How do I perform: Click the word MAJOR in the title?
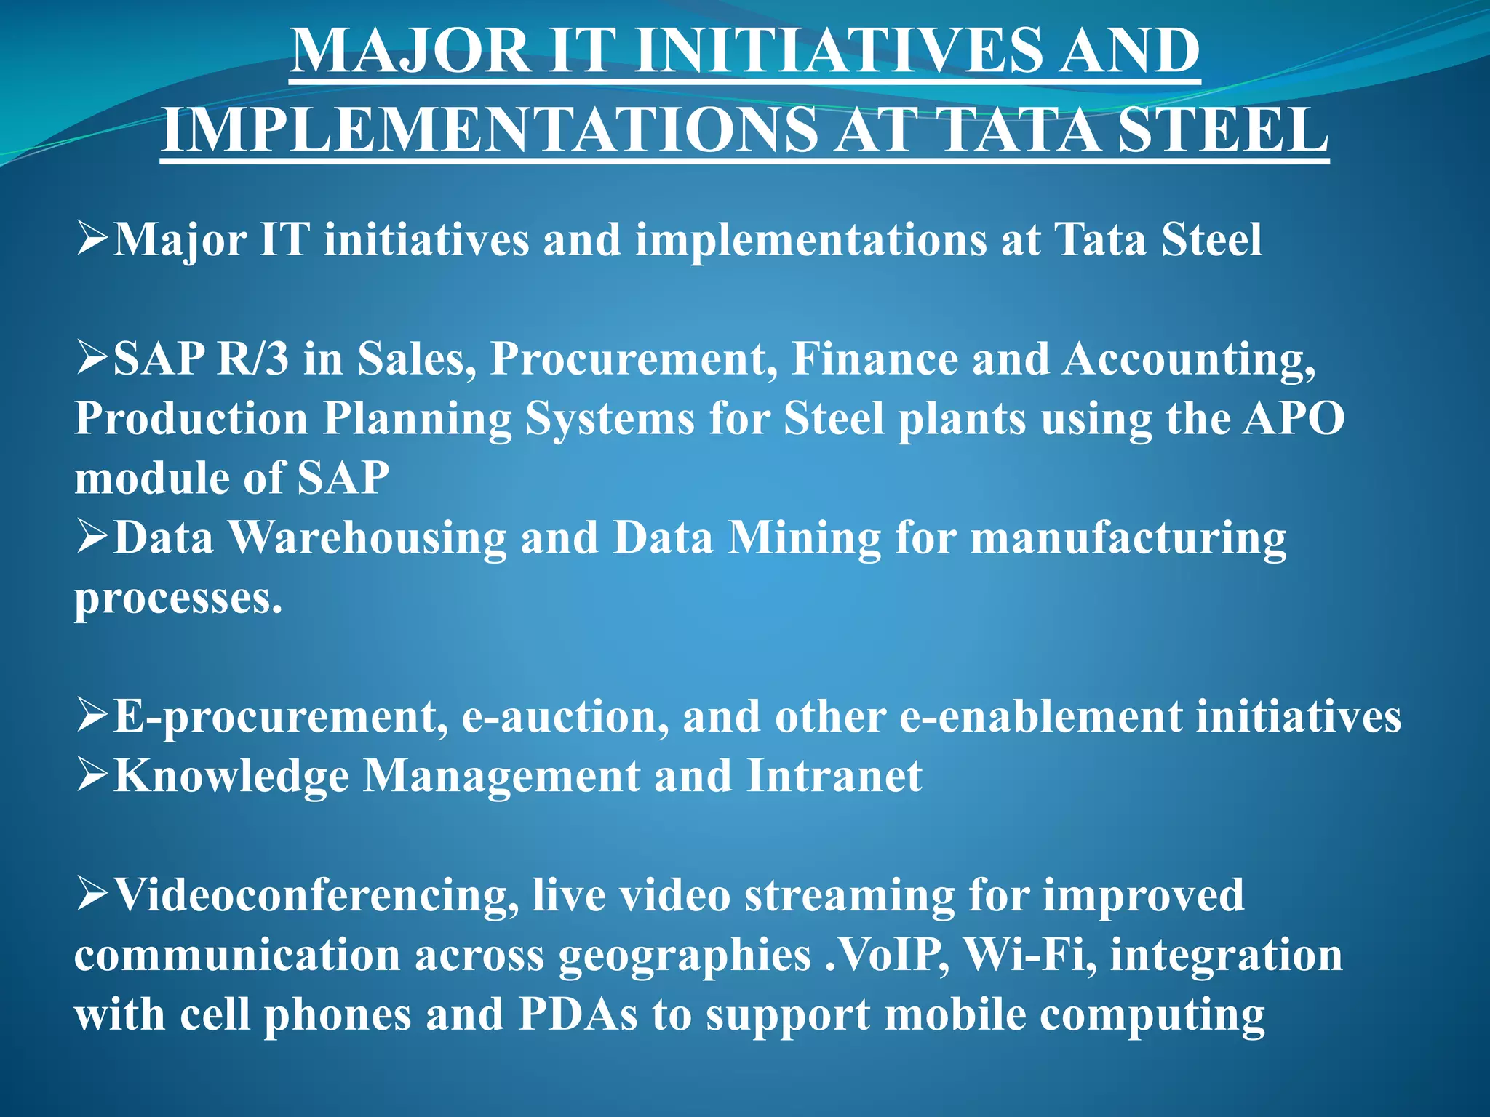click(411, 51)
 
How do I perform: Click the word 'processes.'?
click(178, 599)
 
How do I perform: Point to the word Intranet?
click(834, 776)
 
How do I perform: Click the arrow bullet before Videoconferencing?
click(92, 894)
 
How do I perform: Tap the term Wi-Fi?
click(1030, 955)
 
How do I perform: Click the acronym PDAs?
click(578, 1014)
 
